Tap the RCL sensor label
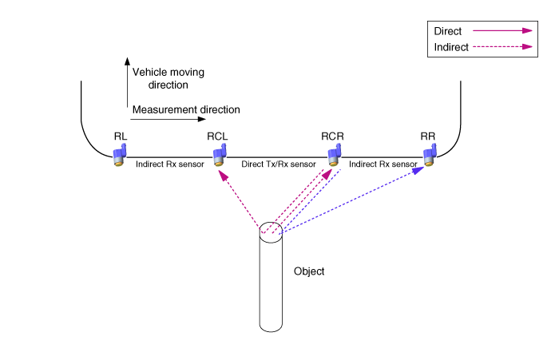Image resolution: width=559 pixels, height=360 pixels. (217, 136)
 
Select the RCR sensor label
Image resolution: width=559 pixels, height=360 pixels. (332, 136)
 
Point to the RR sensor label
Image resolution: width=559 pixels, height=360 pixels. (428, 136)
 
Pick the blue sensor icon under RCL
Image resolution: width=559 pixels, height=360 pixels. (221, 154)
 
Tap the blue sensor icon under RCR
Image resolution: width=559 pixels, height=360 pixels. (335, 155)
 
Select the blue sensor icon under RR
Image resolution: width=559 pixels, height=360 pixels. (430, 155)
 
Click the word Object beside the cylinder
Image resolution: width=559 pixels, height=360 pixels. (309, 271)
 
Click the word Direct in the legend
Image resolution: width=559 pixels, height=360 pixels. (447, 31)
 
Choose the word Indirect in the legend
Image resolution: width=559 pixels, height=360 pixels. (450, 47)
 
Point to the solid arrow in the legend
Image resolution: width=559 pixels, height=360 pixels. (502, 31)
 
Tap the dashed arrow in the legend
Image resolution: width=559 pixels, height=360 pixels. (502, 47)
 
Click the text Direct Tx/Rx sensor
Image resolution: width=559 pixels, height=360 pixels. (279, 164)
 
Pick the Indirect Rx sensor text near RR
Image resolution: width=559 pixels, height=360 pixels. (384, 164)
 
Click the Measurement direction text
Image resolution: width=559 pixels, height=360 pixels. (186, 109)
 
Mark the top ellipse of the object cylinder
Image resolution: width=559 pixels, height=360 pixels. (272, 232)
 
